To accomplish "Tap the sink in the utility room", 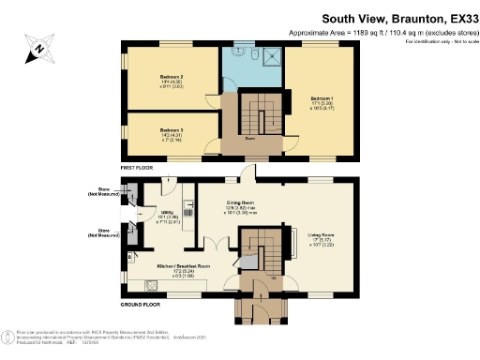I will pyautogui.click(x=190, y=212).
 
